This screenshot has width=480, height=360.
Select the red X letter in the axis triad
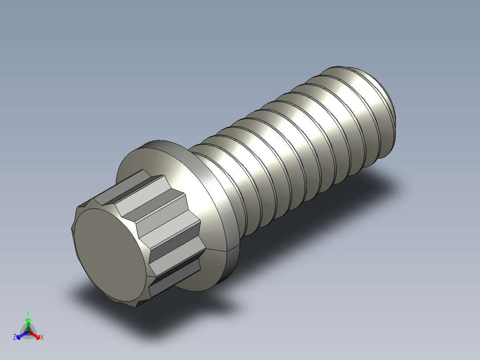coord(42,338)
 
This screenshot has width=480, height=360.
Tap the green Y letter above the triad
coord(28,313)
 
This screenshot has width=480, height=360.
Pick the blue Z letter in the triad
coord(15,338)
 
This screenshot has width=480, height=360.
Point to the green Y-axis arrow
coord(28,323)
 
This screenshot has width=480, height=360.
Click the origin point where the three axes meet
coord(28,332)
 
